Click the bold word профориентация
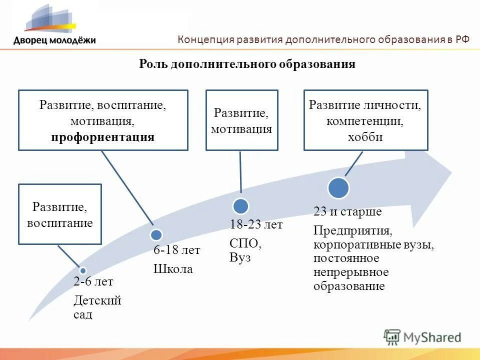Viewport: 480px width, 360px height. [102, 137]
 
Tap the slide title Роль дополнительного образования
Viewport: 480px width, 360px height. [246, 64]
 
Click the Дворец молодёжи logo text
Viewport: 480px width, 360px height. [54, 40]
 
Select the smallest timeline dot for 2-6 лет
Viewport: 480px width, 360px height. [83, 270]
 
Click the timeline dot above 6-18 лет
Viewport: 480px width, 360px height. [156, 234]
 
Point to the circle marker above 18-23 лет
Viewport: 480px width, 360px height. [241, 205]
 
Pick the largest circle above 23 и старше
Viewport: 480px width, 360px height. [338, 187]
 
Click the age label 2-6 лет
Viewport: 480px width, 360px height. [93, 282]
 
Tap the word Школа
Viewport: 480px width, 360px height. [172, 269]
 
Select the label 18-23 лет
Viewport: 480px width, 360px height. [256, 224]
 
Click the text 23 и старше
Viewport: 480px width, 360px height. [347, 211]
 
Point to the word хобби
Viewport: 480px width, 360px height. [365, 136]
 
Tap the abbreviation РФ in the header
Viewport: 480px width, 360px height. [462, 40]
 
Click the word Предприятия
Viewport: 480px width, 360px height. [352, 231]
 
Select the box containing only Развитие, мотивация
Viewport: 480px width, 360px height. [241, 120]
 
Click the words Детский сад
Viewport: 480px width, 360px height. [97, 307]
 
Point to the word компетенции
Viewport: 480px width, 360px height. [365, 121]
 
